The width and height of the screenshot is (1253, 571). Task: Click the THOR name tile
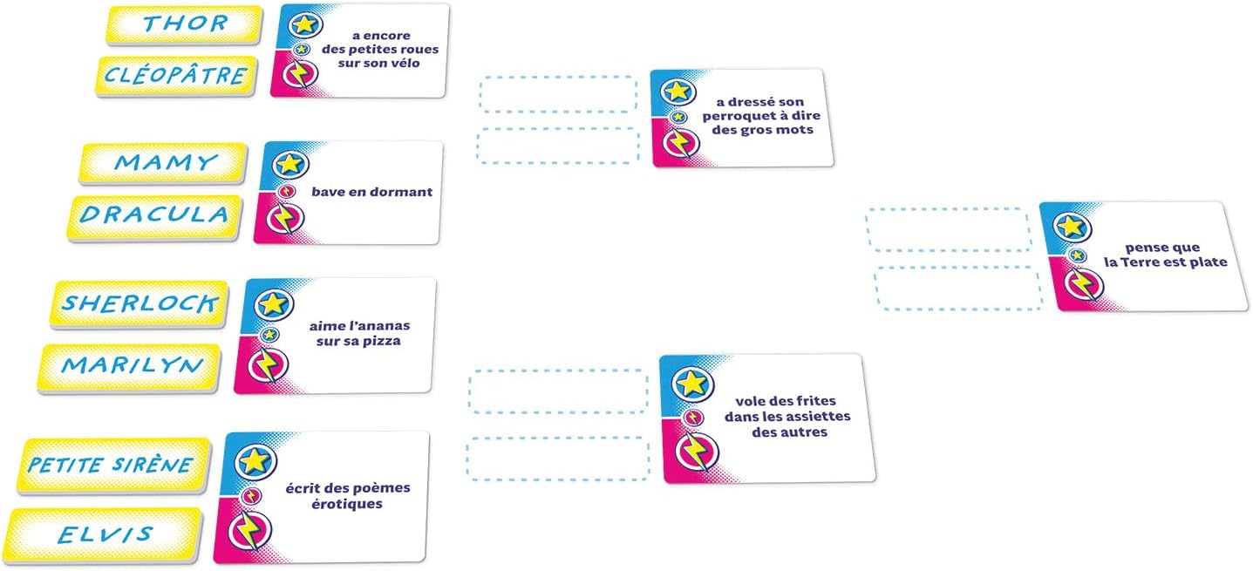184,25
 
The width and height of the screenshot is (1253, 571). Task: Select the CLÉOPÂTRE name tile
176,76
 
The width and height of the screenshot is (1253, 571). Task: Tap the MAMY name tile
163,163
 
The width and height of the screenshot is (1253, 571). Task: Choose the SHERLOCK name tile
139,304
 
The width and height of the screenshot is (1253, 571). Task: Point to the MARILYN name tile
129,368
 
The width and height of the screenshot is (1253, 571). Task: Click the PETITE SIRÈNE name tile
113,466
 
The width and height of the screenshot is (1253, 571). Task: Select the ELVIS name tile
105,536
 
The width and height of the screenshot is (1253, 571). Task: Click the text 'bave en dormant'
372,192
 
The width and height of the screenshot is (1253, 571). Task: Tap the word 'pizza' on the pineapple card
382,341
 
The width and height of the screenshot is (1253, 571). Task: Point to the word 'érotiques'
347,504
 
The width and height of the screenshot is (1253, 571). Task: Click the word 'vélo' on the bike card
405,63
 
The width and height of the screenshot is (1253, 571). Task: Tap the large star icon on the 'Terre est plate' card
1072,227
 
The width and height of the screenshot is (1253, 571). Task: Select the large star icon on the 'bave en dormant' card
290,164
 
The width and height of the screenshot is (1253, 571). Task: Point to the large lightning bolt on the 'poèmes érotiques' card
249,530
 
